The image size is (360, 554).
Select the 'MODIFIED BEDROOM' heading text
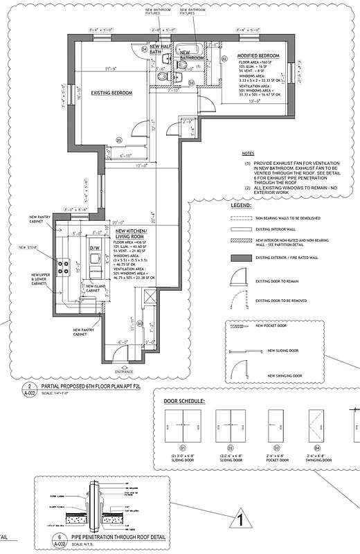coord(258,55)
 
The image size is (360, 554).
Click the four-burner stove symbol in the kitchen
coord(64,264)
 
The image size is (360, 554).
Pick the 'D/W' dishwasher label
coord(96,247)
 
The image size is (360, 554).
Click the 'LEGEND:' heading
coord(242,206)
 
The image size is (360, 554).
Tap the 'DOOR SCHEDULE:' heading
coord(183,402)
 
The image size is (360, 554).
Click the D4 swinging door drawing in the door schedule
coord(319,425)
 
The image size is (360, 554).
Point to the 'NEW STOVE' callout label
coord(28,247)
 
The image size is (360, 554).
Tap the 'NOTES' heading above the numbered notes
coord(247,154)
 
